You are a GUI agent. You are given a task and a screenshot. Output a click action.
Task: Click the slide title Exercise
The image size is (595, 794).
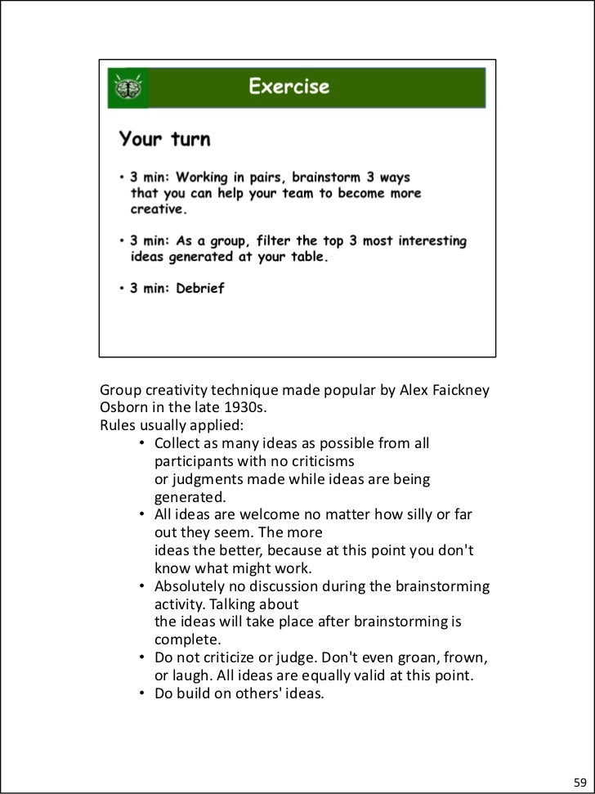[x=289, y=87]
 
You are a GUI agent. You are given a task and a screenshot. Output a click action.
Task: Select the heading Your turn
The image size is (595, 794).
[x=164, y=140]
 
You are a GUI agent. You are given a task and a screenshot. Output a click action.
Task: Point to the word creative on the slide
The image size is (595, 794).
[x=159, y=209]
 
